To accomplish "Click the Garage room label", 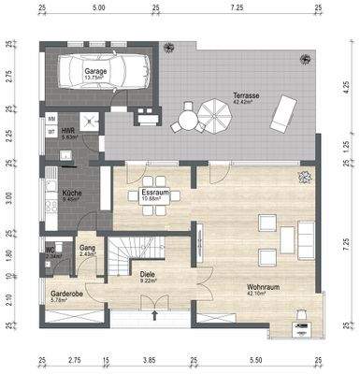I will (94, 71).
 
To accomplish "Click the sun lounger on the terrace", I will (280, 117).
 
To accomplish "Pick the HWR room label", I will (67, 132).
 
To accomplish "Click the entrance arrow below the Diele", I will (151, 324).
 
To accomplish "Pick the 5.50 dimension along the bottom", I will (255, 358).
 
